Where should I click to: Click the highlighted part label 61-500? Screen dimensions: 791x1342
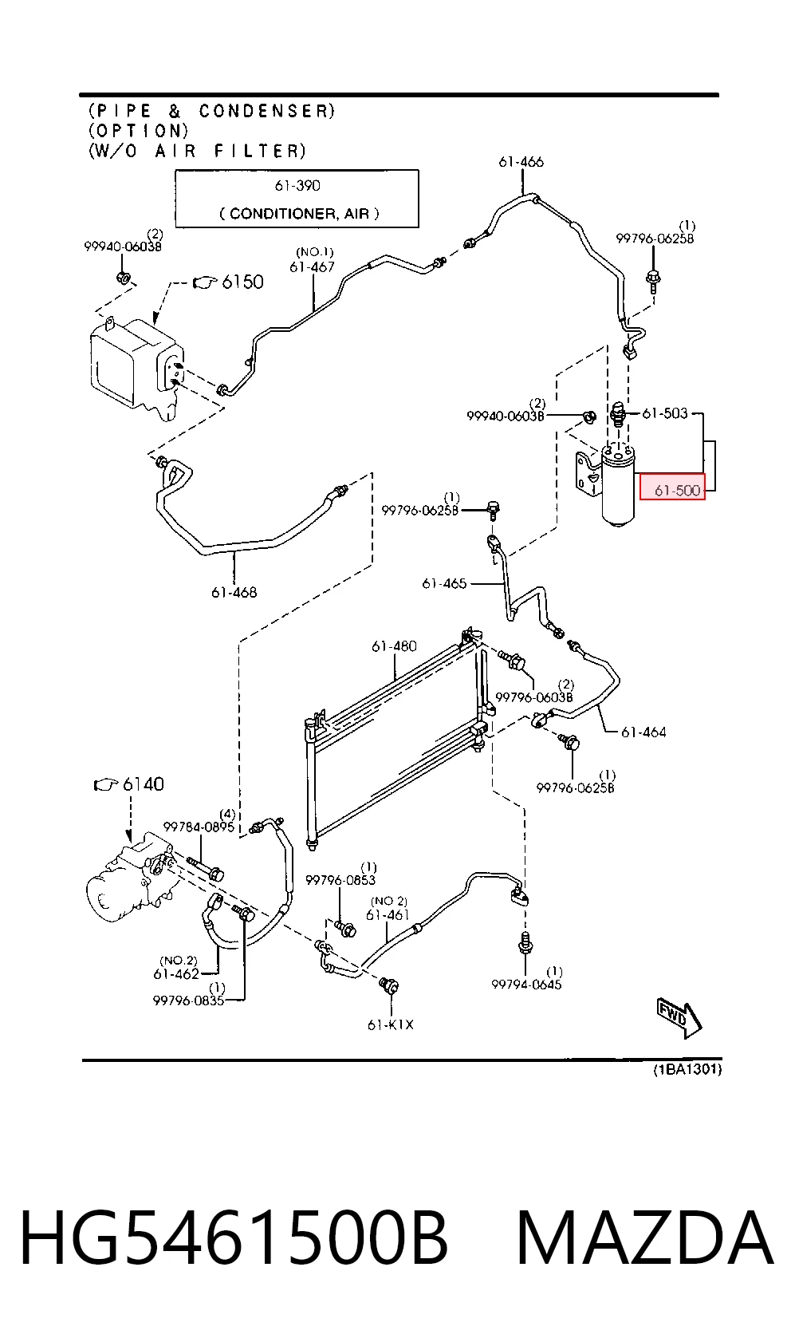tap(677, 490)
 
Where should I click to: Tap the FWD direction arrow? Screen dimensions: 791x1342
tap(679, 1018)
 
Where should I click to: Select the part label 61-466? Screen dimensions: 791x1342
tap(521, 162)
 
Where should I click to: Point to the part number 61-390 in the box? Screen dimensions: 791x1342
tap(297, 186)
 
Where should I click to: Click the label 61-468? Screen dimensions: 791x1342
tap(234, 592)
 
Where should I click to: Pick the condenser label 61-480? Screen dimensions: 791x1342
tap(394, 645)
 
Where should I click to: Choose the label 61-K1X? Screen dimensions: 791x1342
tap(391, 1024)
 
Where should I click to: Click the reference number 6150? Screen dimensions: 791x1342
tap(242, 282)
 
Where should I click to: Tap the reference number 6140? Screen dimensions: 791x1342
tap(143, 783)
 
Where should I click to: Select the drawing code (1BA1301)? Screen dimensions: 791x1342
tap(687, 1069)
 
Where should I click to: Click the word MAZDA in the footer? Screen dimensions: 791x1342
tap(645, 1237)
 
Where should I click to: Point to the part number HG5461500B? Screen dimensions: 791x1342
tap(234, 1237)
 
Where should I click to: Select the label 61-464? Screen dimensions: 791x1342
tap(643, 732)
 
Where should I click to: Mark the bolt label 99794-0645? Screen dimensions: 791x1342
tap(526, 984)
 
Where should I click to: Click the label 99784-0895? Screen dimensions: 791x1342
tap(199, 827)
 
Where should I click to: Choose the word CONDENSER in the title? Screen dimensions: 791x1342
tap(266, 112)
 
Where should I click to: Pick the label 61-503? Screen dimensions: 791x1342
tap(665, 412)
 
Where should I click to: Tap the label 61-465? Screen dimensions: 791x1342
tap(444, 583)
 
